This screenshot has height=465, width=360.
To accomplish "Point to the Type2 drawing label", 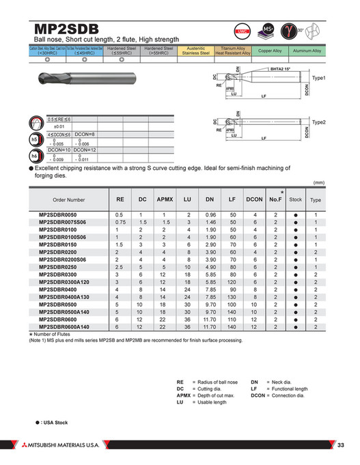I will coord(319,122).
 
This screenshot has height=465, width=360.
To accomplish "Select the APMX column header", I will coord(164,199).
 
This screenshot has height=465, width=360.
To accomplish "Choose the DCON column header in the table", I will coord(254,199).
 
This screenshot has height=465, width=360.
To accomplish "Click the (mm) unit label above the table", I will coord(318,182).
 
